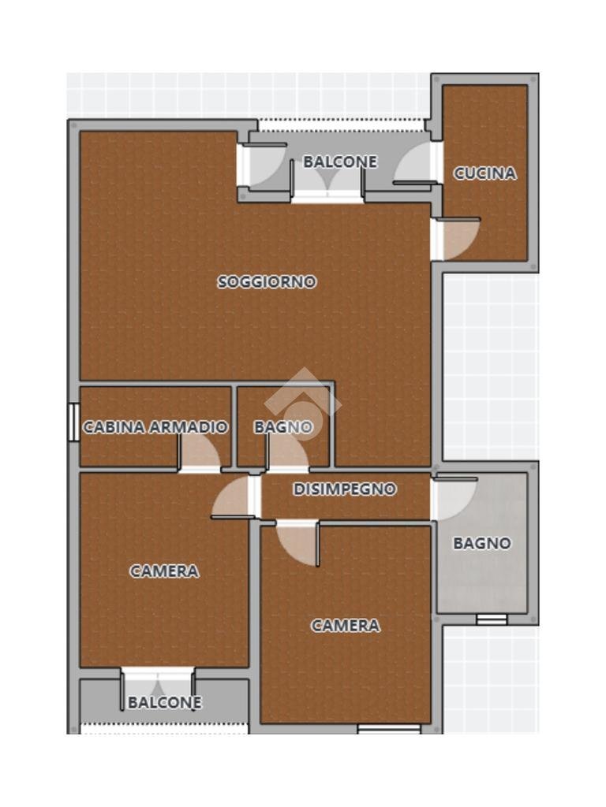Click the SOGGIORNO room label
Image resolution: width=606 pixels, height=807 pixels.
tap(267, 281)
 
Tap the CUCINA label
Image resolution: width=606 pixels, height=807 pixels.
tap(484, 173)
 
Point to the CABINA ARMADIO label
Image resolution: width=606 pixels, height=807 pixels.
tap(155, 427)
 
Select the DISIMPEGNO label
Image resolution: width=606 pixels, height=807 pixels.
tap(345, 489)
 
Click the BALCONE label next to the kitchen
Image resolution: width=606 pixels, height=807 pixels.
tap(340, 162)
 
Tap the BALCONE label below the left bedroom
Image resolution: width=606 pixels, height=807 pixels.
tap(165, 702)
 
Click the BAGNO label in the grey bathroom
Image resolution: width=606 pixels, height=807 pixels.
tap(481, 543)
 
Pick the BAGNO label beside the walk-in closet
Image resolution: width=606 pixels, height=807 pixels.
tap(283, 427)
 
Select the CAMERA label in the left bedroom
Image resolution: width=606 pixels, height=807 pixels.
tap(164, 571)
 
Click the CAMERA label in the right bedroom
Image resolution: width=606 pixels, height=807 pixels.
tap(345, 625)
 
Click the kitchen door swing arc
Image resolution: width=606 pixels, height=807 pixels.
tap(458, 239)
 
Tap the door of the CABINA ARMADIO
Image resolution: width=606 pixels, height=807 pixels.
tap(199, 453)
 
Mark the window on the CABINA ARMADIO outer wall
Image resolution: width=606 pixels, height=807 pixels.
tap(73, 422)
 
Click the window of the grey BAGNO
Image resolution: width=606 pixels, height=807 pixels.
tap(491, 619)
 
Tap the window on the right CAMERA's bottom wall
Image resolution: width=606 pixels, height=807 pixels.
tap(388, 729)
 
